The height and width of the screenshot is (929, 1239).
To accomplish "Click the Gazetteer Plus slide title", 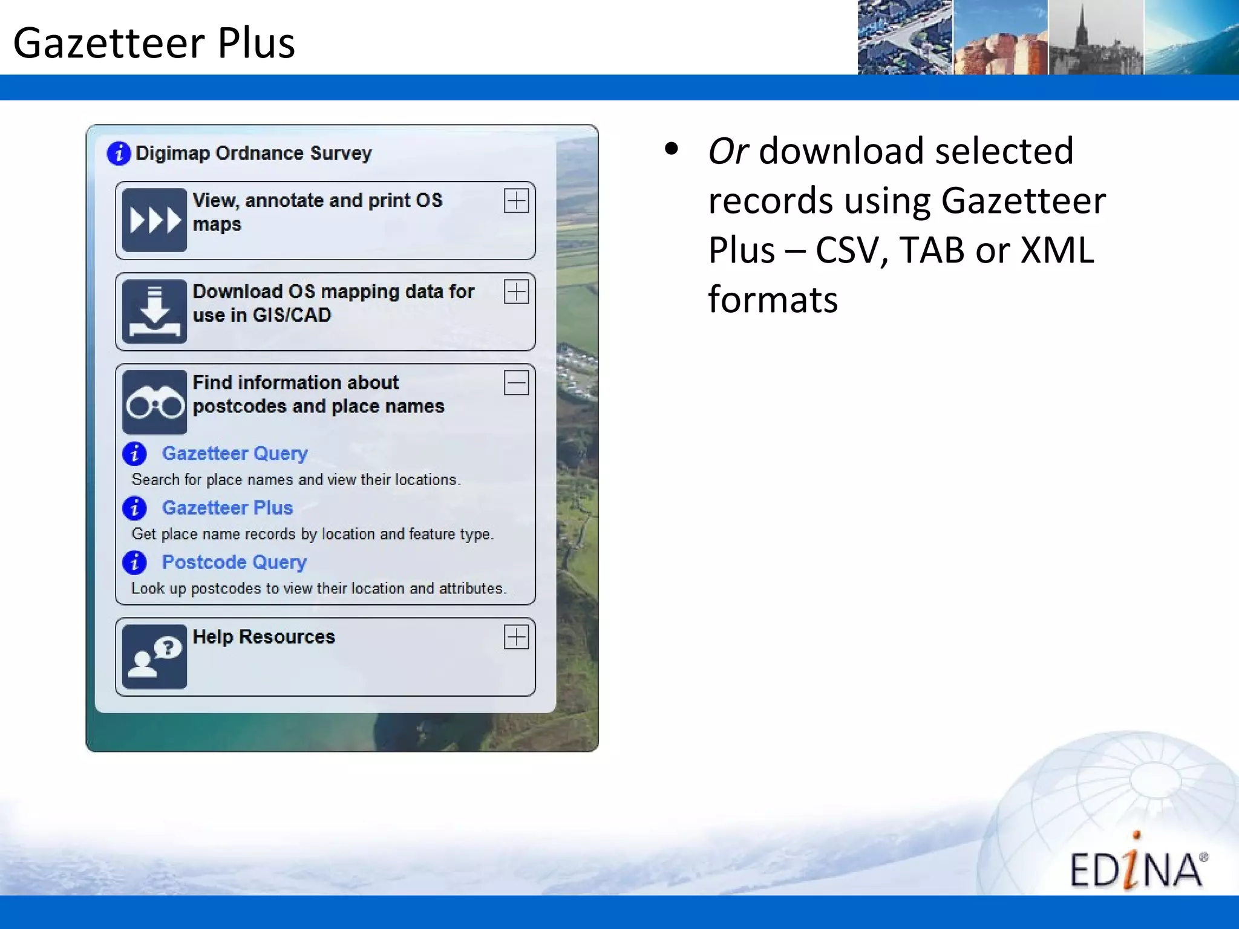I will pyautogui.click(x=154, y=44).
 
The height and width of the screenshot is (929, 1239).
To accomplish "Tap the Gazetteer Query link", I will pyautogui.click(x=235, y=453).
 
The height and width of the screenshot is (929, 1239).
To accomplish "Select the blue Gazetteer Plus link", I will pyautogui.click(x=227, y=507).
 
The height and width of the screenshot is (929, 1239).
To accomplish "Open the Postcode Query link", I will pyautogui.click(x=234, y=562).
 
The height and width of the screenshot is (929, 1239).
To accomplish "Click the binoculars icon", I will pyautogui.click(x=154, y=402).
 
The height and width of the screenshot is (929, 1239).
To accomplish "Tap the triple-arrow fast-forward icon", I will pyautogui.click(x=154, y=220).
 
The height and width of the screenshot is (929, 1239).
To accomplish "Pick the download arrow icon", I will pyautogui.click(x=154, y=311).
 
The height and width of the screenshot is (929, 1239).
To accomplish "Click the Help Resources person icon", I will pyautogui.click(x=154, y=657).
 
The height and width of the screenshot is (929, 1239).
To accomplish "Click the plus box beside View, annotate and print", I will pyautogui.click(x=516, y=201).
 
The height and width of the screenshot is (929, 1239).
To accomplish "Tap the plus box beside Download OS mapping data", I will pyautogui.click(x=516, y=292).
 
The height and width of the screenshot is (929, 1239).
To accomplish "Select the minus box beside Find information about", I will pyautogui.click(x=516, y=383).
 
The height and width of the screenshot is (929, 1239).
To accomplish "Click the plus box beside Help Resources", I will pyautogui.click(x=516, y=637).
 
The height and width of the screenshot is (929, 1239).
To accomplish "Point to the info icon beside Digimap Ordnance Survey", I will pyautogui.click(x=119, y=153).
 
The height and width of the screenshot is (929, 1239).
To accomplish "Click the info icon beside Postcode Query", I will pyautogui.click(x=134, y=562).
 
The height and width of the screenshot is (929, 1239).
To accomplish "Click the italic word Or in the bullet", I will pyautogui.click(x=728, y=151).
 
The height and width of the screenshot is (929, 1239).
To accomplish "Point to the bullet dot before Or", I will pyautogui.click(x=671, y=149).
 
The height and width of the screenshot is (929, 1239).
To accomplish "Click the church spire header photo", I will pyautogui.click(x=1096, y=37).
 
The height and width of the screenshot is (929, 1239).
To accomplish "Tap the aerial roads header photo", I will pyautogui.click(x=905, y=37).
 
